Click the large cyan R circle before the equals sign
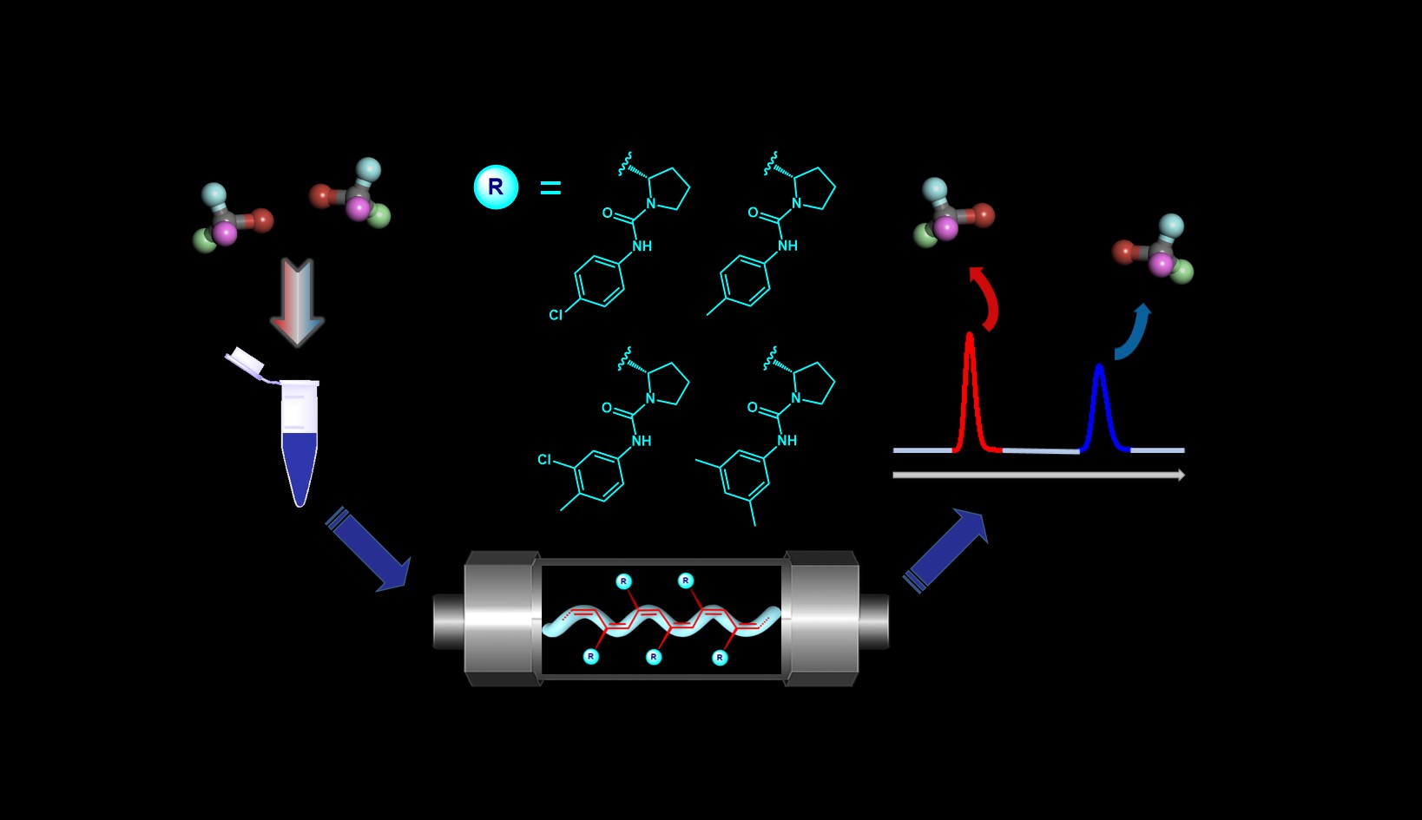point(496,187)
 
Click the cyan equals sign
point(550,187)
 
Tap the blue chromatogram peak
point(1100,403)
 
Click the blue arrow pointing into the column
point(368,550)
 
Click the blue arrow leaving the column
point(946,548)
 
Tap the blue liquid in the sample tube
point(300,460)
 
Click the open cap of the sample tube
point(244,361)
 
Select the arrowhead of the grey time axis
point(1180,475)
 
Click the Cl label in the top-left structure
point(556,315)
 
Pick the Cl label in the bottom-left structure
point(544,459)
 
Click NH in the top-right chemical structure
point(787,246)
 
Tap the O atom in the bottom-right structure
point(752,408)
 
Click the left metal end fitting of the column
point(498,618)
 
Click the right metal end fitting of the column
point(823,618)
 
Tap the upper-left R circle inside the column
point(623,581)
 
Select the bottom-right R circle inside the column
point(719,658)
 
